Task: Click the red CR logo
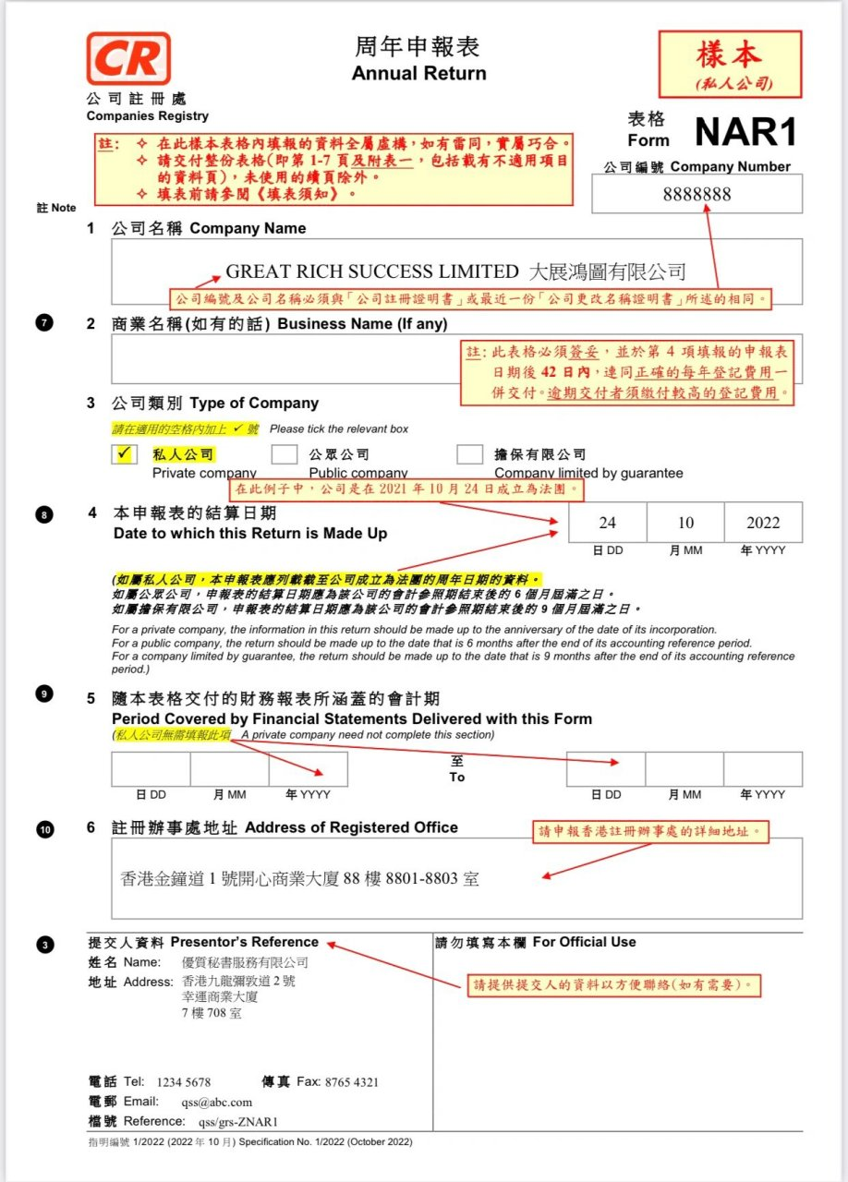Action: [128, 59]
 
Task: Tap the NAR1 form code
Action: [745, 132]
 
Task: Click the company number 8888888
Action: [697, 194]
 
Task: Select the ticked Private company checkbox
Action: [124, 454]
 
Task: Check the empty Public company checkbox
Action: [285, 454]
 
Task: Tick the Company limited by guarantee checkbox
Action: [469, 454]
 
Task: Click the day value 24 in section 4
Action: [607, 523]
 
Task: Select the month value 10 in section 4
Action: [684, 523]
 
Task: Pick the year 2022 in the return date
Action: [763, 523]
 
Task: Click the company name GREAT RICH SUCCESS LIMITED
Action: [372, 271]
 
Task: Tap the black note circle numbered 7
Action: [44, 323]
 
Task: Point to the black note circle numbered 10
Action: [45, 829]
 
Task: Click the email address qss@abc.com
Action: [216, 1102]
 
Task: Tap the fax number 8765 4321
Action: [350, 1082]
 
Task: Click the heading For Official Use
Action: [584, 942]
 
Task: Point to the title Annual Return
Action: [418, 73]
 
